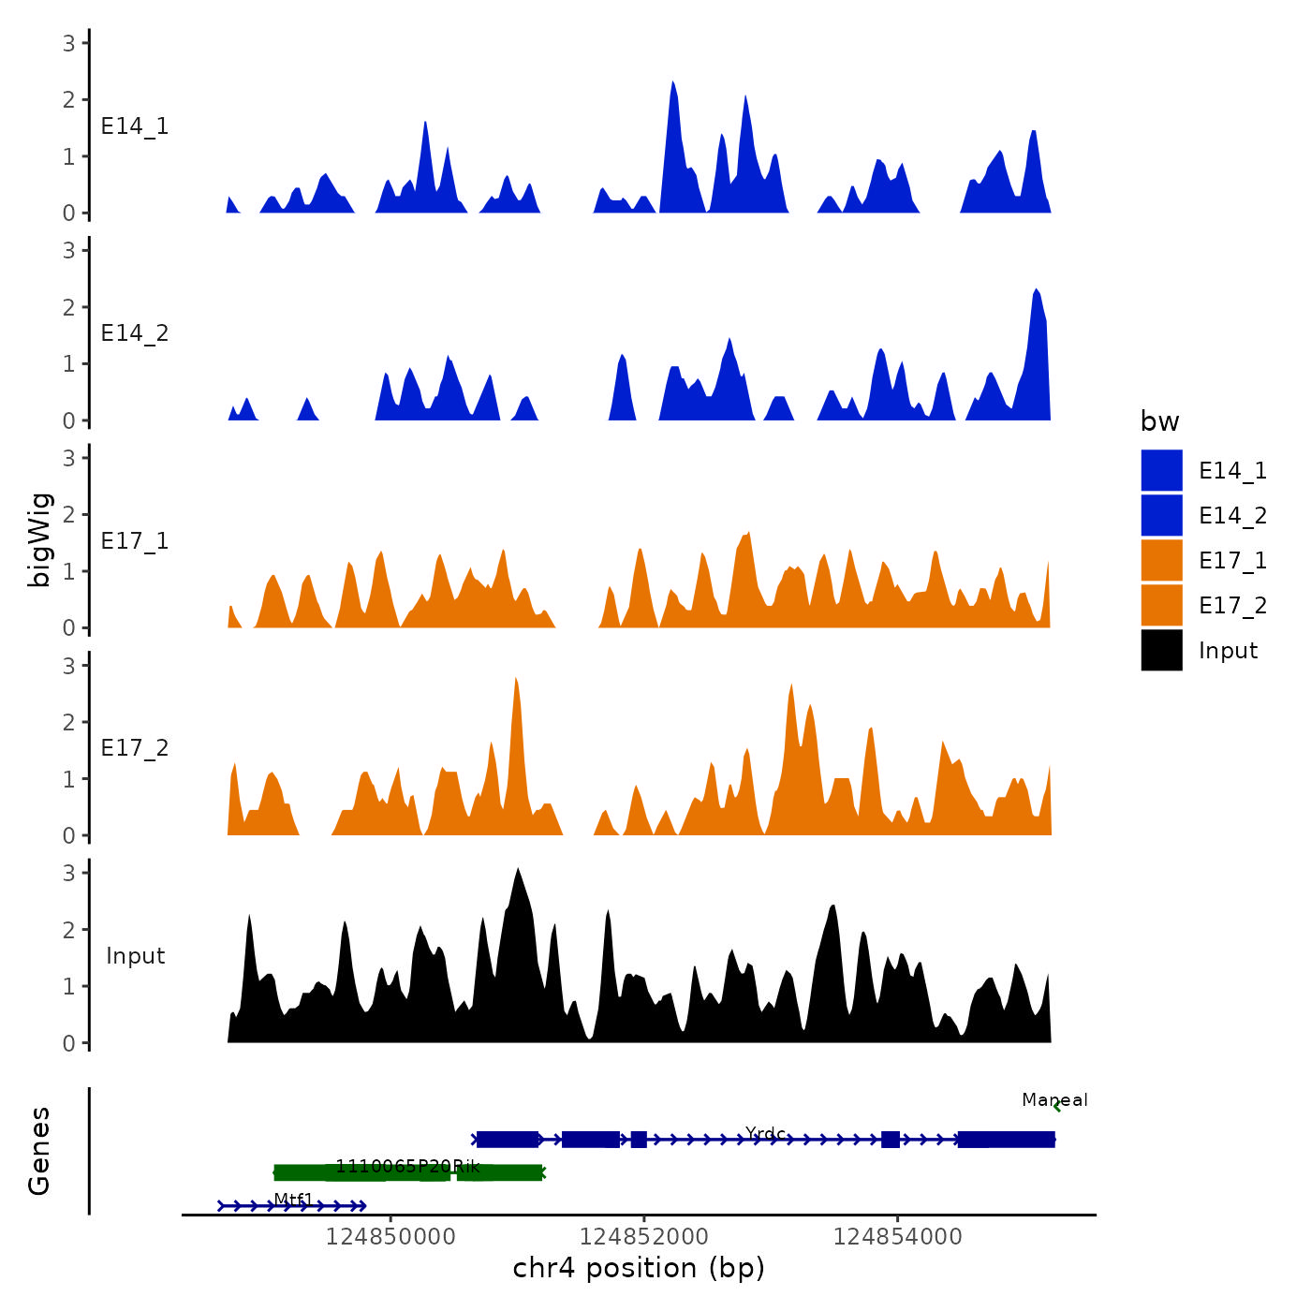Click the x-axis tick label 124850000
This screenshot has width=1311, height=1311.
coord(390,1237)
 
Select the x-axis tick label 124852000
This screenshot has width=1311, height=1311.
coord(644,1237)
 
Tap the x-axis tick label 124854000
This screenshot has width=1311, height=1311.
coord(897,1237)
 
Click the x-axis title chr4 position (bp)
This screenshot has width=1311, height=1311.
coord(639,1269)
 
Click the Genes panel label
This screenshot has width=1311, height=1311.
coord(39,1151)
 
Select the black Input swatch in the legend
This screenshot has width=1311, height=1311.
coord(1161,651)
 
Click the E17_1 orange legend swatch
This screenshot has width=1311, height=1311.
coord(1161,561)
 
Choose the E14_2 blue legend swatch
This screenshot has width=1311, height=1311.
coord(1161,516)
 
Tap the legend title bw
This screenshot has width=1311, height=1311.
coord(1159,422)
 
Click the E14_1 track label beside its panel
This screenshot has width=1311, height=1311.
coord(135,126)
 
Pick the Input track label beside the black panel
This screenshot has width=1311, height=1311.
coord(135,956)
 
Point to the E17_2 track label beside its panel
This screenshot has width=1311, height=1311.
coord(135,748)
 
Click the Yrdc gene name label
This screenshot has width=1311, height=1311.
coord(765,1134)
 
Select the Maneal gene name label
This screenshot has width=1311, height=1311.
coord(1054,1100)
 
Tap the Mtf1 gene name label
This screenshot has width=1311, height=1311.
coord(293,1200)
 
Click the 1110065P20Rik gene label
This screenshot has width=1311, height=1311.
coord(407,1166)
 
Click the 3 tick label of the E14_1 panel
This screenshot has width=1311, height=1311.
coord(69,43)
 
